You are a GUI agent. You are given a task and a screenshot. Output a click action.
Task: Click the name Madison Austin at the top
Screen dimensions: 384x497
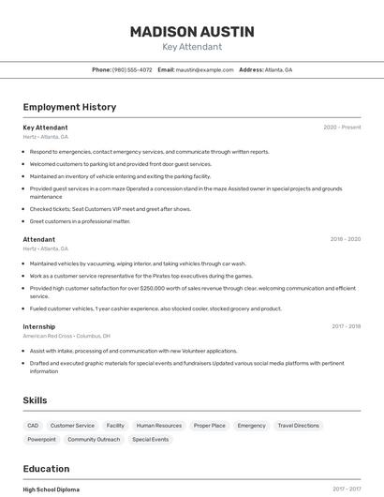click(192, 32)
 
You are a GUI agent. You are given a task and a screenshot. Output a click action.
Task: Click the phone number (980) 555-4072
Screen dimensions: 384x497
click(132, 69)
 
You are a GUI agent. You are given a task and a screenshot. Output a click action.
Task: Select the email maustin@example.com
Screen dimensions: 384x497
click(204, 69)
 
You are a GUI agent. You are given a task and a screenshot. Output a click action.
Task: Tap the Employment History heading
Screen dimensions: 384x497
click(69, 107)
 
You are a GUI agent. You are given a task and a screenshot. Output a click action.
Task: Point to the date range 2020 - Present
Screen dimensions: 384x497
click(342, 128)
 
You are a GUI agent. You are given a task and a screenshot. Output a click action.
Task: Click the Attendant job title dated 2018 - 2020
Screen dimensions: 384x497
click(39, 239)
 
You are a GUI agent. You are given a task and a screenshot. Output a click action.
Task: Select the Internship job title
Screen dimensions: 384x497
click(39, 326)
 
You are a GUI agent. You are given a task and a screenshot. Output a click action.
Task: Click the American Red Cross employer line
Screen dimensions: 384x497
click(66, 336)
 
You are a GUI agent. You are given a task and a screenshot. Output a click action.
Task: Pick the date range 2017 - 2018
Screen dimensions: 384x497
click(346, 326)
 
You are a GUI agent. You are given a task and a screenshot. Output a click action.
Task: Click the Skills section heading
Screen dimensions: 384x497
click(36, 400)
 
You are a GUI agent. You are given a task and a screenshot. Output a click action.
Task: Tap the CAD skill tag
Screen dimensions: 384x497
click(33, 426)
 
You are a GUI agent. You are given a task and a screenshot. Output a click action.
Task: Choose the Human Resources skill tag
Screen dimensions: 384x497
click(159, 426)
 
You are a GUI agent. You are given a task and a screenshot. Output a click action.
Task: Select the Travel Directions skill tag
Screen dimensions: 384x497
click(298, 426)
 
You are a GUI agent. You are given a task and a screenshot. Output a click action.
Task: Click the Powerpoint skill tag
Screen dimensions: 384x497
click(41, 439)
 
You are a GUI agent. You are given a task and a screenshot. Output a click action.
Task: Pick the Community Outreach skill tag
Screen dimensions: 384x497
click(94, 439)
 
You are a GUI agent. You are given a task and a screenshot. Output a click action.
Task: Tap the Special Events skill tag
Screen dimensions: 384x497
click(151, 439)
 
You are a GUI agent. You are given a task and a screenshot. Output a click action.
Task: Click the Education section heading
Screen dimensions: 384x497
click(46, 469)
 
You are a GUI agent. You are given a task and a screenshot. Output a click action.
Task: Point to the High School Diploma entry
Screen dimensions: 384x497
click(52, 489)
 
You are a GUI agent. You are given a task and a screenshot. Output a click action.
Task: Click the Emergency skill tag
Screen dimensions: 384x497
click(251, 426)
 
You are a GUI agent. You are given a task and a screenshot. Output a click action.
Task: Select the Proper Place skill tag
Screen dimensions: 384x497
click(210, 426)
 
